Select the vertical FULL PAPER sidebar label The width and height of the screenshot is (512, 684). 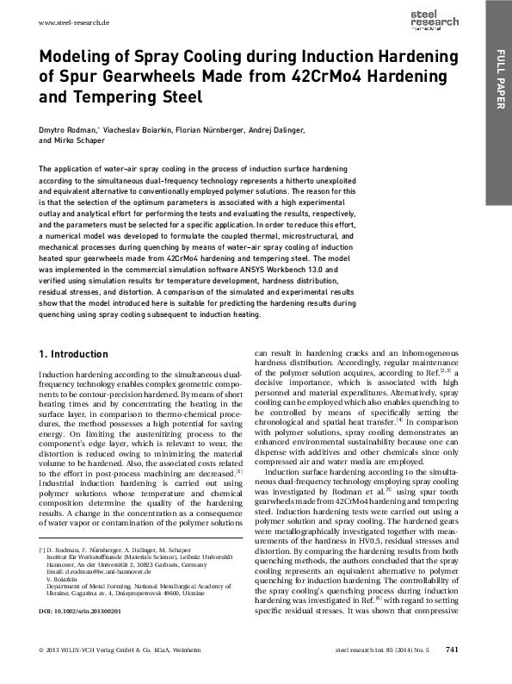[x=498, y=81]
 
